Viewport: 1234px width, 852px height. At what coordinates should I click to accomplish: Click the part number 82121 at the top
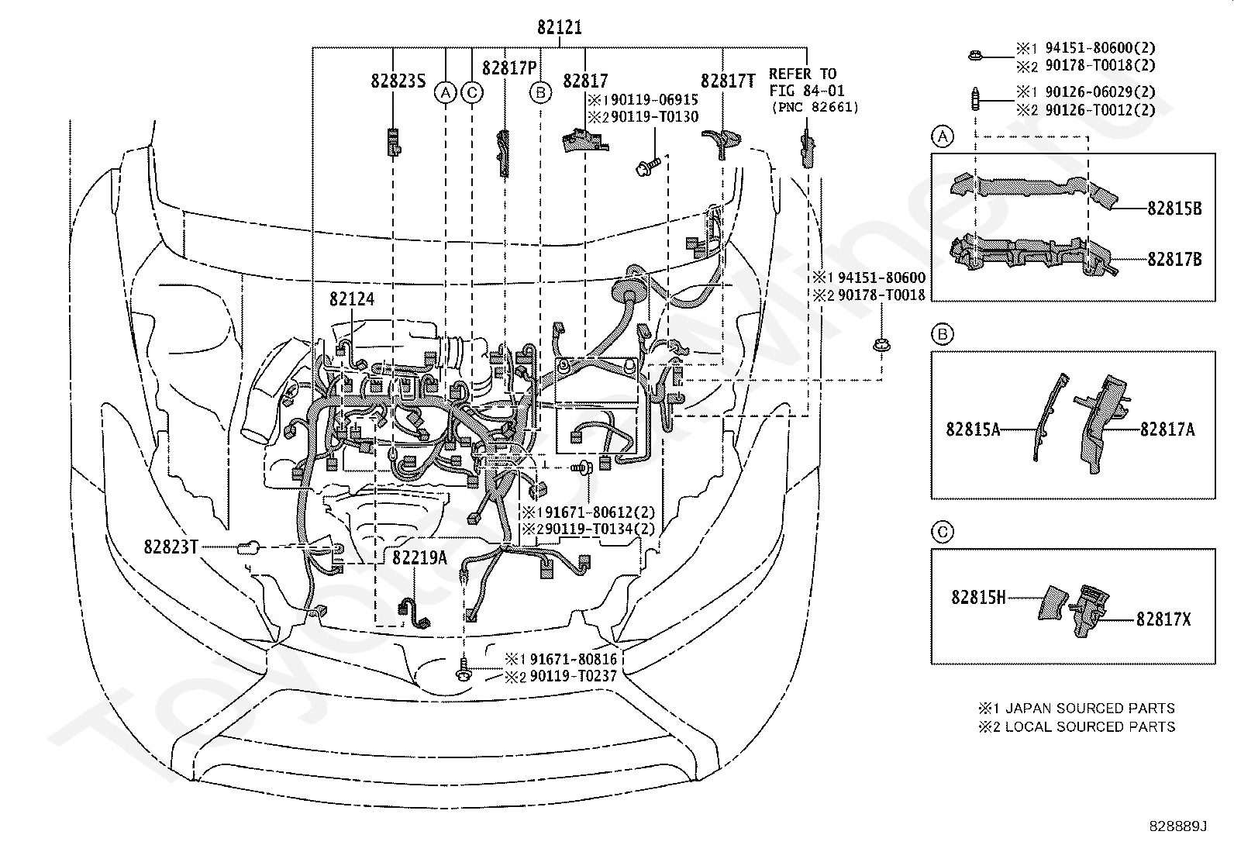559,27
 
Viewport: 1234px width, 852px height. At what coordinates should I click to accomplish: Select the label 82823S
398,81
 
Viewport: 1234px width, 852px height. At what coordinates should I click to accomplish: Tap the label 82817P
509,67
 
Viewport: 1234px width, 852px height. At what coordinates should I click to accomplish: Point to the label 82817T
728,81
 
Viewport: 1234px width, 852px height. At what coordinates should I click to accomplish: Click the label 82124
351,298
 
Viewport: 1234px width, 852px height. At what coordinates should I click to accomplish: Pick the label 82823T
171,547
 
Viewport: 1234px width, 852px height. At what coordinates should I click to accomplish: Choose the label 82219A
419,557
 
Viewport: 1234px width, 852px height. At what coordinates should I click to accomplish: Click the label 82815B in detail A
1174,209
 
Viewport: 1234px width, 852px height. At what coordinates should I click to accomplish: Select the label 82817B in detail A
1174,259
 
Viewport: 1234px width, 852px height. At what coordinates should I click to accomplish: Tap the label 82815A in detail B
973,429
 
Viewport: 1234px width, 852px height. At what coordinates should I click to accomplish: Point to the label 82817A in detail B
1167,429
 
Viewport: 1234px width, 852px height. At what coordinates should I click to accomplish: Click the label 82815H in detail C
978,598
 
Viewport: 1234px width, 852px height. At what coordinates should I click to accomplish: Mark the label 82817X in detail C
1163,619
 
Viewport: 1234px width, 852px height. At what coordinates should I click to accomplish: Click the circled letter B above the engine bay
540,92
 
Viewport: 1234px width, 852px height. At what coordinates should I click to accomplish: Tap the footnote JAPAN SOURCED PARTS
1090,708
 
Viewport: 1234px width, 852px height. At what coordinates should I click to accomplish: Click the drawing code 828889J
1179,826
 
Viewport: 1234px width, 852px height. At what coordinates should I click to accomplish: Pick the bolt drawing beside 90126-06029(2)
975,99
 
